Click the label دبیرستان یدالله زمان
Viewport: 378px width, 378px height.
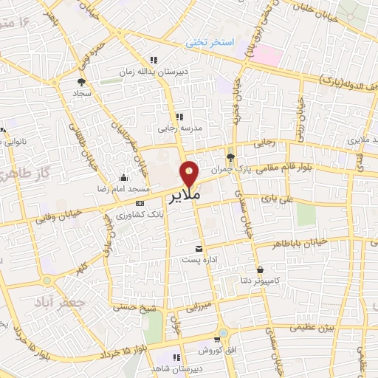(154, 72)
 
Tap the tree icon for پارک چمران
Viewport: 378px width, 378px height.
(231, 157)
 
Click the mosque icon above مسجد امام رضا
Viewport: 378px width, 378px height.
(123, 177)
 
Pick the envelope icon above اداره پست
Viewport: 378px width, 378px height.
(198, 249)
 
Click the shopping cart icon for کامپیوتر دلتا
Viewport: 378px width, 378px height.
(260, 270)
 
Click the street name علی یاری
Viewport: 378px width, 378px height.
(278, 199)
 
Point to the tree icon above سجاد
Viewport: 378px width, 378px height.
(81, 82)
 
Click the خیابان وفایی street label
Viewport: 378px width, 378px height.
(55, 213)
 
